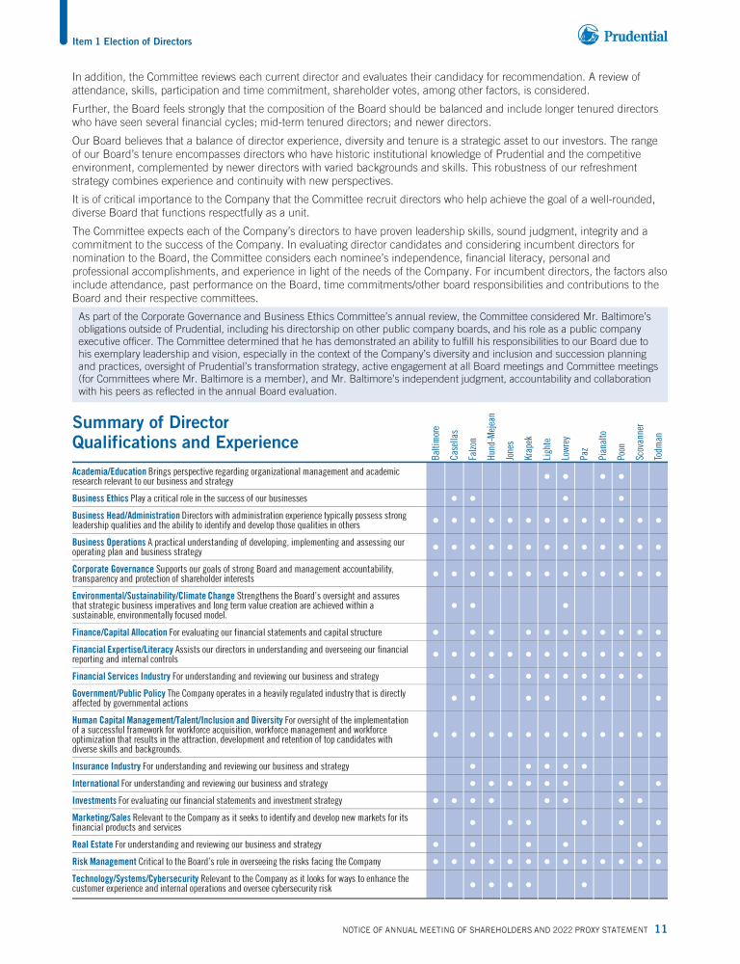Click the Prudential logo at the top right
coord(622,37)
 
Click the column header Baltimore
coord(436,442)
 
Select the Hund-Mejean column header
coord(491,436)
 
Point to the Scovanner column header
coord(639,441)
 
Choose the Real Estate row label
coord(92,844)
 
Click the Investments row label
coord(94,800)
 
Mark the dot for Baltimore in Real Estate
coord(436,844)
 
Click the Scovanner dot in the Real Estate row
coord(640,844)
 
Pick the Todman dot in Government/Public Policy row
coord(658,698)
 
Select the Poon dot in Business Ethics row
coord(621,498)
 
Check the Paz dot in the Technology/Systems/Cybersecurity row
coord(584,883)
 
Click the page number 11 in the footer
coord(660,929)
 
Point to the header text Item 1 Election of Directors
coord(132,41)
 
